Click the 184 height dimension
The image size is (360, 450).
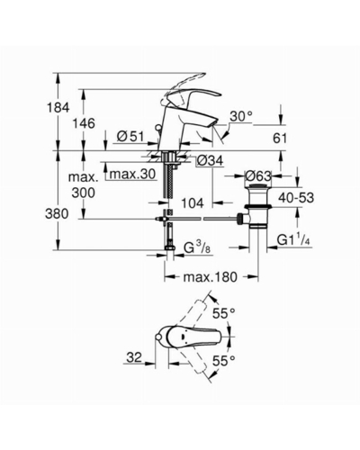pyautogui.click(x=58, y=107)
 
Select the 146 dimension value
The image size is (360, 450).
pyautogui.click(x=84, y=123)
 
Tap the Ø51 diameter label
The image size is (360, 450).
pyautogui.click(x=130, y=137)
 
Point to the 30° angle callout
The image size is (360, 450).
pyautogui.click(x=241, y=116)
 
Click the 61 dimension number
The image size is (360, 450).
pyautogui.click(x=280, y=139)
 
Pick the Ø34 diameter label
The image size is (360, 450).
pyautogui.click(x=210, y=161)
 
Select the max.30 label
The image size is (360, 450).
pyautogui.click(x=132, y=174)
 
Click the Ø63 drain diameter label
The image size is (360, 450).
pyautogui.click(x=258, y=175)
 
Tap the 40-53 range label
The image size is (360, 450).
pyautogui.click(x=296, y=198)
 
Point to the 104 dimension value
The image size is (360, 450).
pyautogui.click(x=193, y=203)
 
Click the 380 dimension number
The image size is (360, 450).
pyautogui.click(x=57, y=214)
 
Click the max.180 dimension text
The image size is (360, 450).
pyautogui.click(x=210, y=277)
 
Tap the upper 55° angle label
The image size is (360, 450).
pyautogui.click(x=223, y=314)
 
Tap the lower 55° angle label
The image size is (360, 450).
pyautogui.click(x=223, y=360)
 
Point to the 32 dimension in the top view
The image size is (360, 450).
pyautogui.click(x=134, y=357)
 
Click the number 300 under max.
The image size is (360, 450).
pyautogui.click(x=84, y=193)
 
